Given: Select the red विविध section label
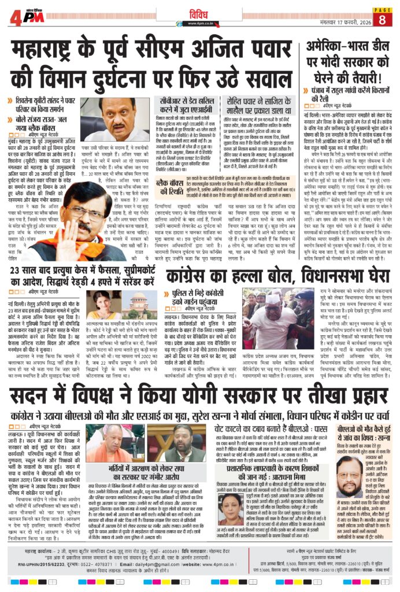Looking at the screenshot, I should click(199, 12).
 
